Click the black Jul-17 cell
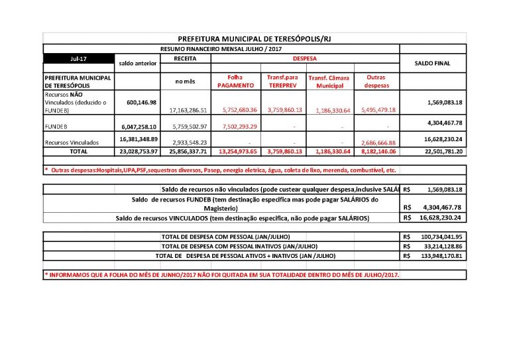pos(79,59)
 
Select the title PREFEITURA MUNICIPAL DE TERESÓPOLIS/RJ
pos(254,39)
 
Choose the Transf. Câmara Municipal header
pos(330,82)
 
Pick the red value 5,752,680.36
pos(236,110)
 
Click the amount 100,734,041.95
pos(441,237)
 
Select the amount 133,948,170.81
pos(441,255)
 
